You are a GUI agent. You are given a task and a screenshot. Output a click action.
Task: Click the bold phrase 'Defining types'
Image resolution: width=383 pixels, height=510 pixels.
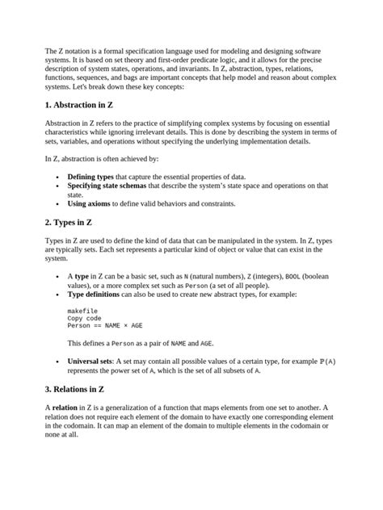pyautogui.click(x=91, y=175)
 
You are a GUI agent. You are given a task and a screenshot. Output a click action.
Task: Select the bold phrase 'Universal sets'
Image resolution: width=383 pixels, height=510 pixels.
pyautogui.click(x=90, y=361)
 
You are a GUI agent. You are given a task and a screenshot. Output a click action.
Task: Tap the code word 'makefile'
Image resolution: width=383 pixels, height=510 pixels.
pyautogui.click(x=82, y=310)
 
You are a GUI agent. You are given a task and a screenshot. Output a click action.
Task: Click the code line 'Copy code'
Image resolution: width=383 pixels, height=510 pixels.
pyautogui.click(x=84, y=318)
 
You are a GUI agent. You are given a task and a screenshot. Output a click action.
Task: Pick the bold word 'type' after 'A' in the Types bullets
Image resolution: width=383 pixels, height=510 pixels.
pyautogui.click(x=82, y=276)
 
